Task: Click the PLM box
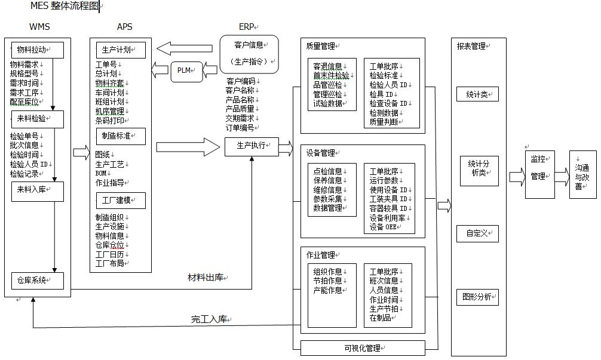(x=183, y=70)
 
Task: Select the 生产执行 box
(x=251, y=146)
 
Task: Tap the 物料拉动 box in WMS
(x=38, y=50)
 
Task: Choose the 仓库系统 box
(x=38, y=280)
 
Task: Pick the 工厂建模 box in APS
(x=121, y=200)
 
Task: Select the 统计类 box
(x=477, y=94)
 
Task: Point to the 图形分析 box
(x=477, y=296)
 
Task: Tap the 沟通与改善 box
(x=582, y=174)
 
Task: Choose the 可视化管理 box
(x=361, y=348)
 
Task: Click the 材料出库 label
(x=207, y=278)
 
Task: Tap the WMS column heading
(x=39, y=27)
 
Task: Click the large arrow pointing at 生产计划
(x=185, y=48)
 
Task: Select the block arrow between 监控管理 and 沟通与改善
(x=562, y=177)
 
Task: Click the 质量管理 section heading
(x=320, y=46)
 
